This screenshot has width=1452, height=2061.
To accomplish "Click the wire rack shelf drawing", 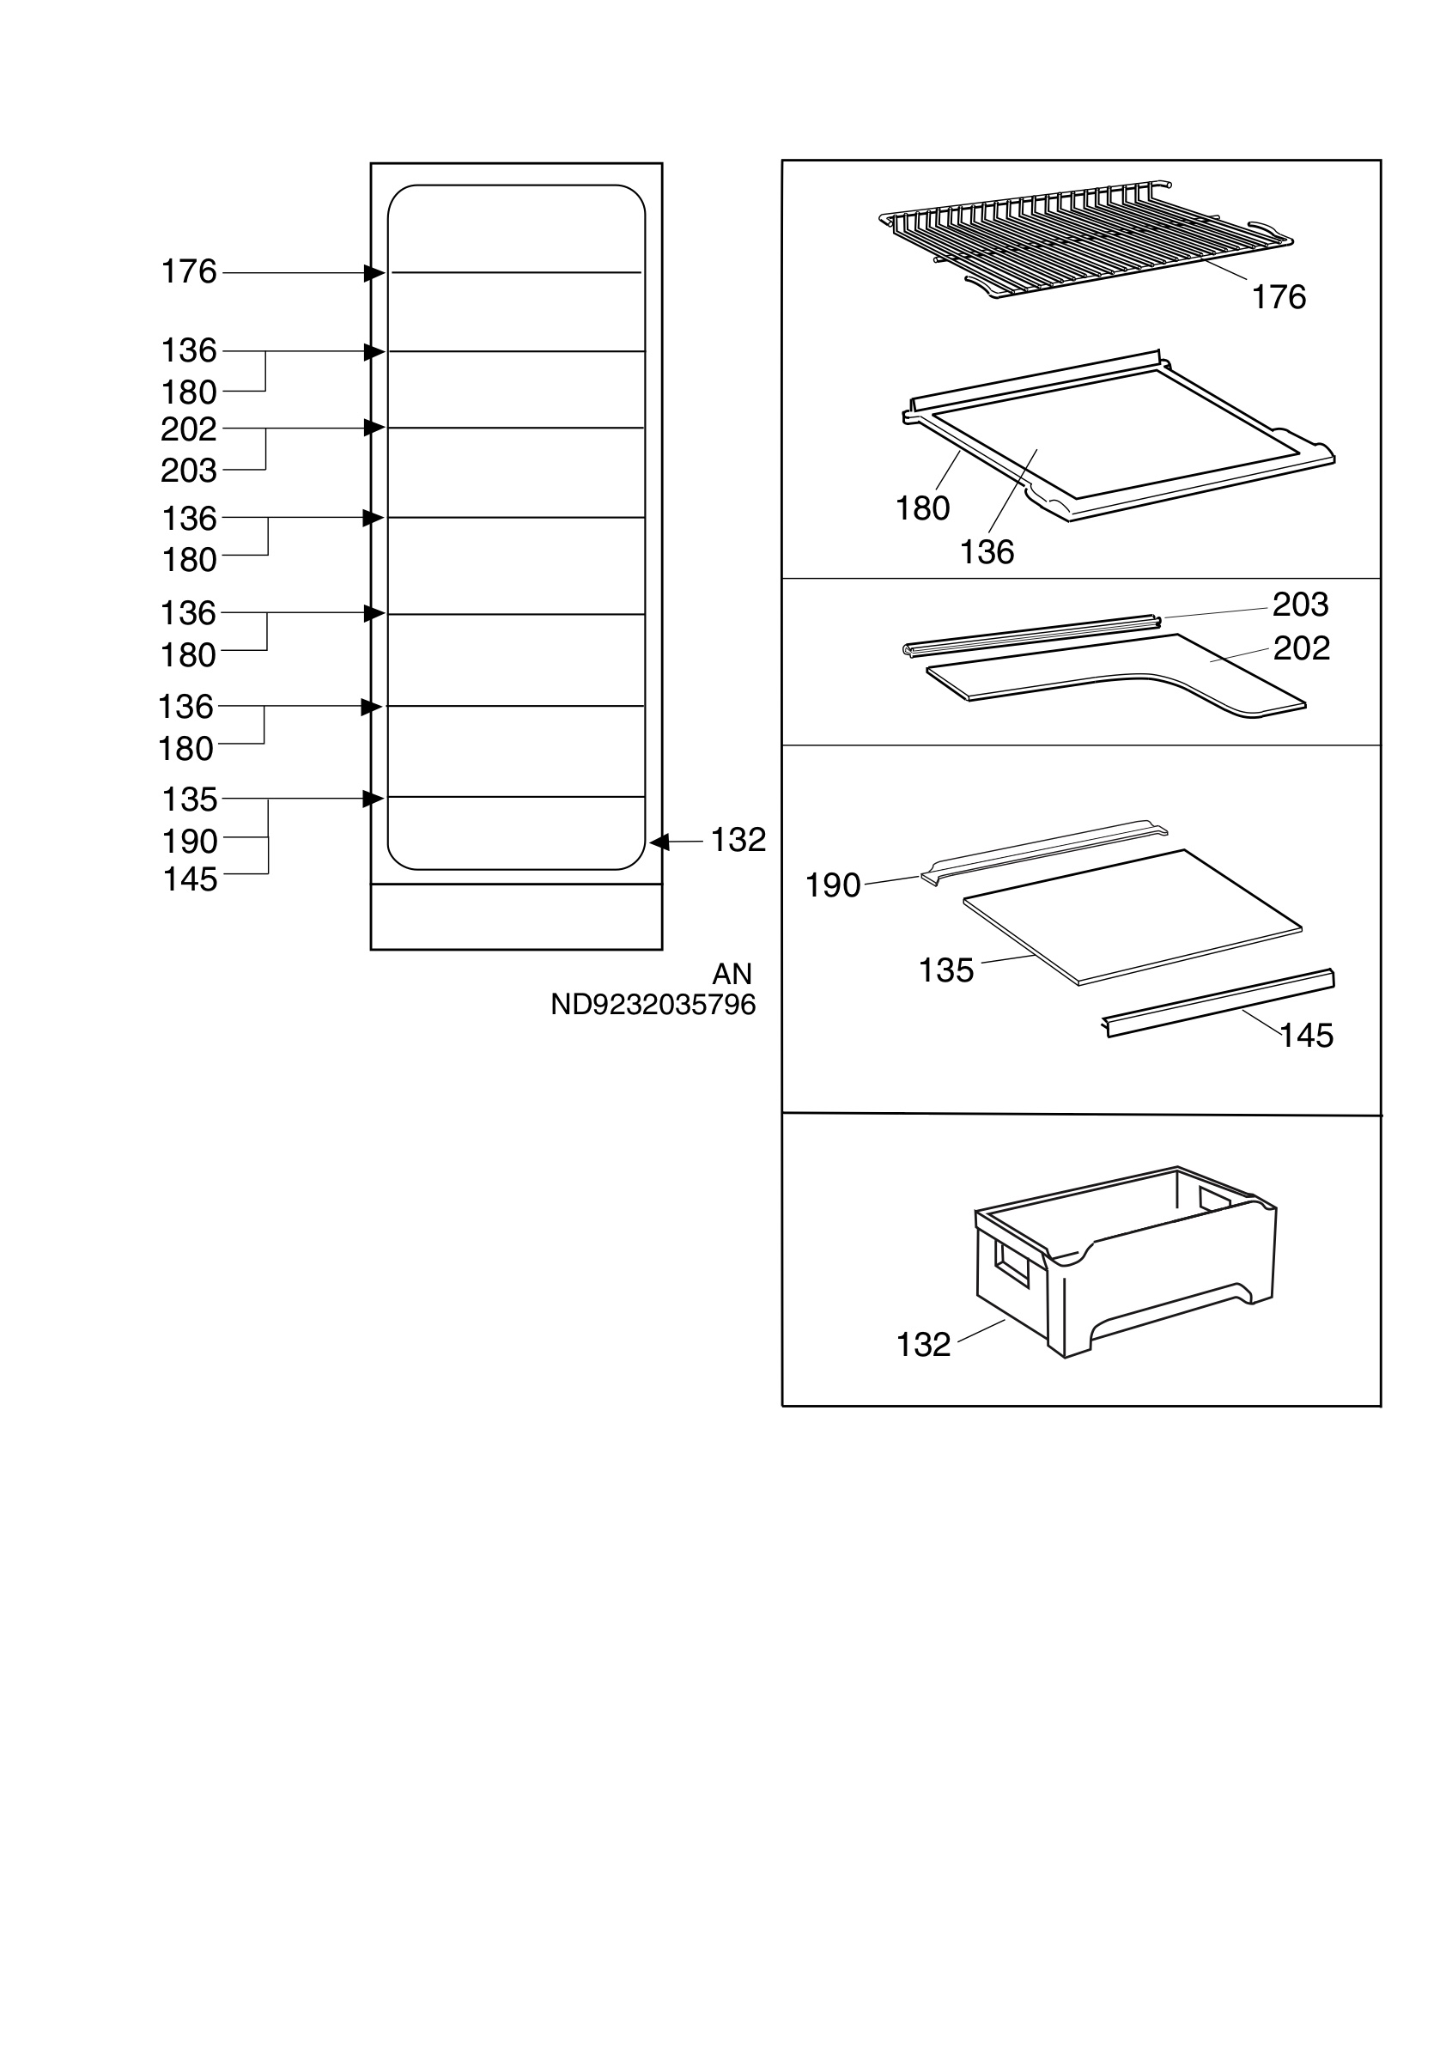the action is point(1086,238).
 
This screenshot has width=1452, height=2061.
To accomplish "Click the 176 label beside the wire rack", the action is point(1279,297).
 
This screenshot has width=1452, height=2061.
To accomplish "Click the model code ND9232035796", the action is point(653,1005).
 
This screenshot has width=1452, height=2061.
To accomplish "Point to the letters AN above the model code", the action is point(732,974).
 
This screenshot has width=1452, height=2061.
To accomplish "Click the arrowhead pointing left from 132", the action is point(659,842).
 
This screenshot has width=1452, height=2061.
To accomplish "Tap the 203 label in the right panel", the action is point(1300,605).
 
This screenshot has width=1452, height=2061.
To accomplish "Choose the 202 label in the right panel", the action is point(1301,648).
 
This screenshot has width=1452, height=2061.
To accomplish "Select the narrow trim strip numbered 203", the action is point(1031,635).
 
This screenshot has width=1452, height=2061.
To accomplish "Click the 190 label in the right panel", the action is point(833,886).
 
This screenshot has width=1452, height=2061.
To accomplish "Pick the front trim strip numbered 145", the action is point(1218,1003).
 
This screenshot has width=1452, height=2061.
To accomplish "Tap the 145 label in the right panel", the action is point(1307,1036).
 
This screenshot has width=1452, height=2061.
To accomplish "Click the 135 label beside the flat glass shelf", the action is point(946,970).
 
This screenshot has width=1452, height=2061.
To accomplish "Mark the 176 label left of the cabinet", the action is point(188,271).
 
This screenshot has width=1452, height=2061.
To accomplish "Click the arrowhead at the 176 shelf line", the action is point(374,273).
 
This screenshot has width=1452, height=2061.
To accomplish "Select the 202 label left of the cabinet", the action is point(188,429).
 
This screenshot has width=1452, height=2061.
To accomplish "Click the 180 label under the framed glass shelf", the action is point(922,509).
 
